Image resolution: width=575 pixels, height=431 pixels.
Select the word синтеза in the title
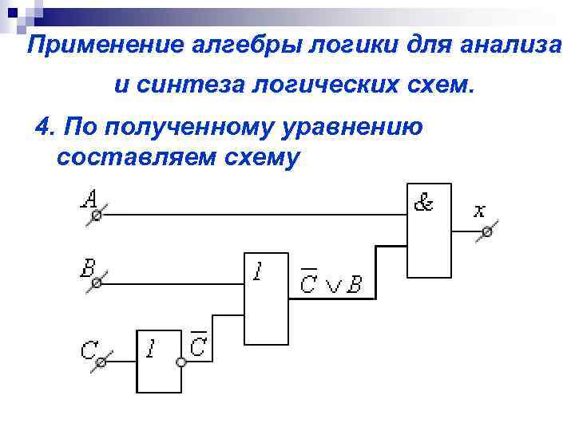(x=184, y=85)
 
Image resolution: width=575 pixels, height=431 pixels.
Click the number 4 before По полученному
(x=42, y=127)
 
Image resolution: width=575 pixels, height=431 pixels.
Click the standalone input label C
(x=88, y=350)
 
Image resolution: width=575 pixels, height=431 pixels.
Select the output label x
(x=478, y=211)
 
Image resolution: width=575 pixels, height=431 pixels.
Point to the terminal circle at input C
(x=101, y=363)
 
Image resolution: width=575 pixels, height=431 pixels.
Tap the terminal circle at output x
(x=484, y=232)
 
